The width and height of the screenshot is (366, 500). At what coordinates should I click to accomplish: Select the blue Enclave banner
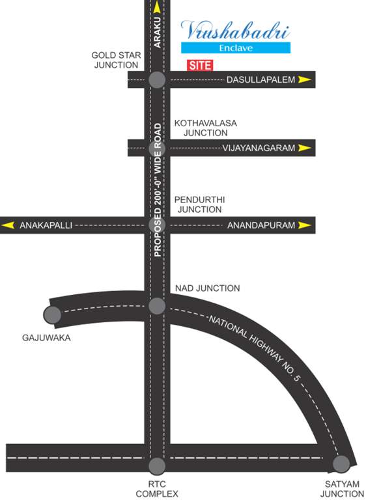point(235,48)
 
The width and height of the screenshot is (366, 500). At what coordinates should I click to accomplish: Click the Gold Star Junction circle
point(157,80)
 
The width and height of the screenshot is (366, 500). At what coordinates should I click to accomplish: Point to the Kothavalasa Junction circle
point(157,149)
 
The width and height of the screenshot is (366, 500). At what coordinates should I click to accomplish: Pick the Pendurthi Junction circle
point(157,225)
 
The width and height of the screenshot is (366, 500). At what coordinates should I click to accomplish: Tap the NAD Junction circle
point(157,306)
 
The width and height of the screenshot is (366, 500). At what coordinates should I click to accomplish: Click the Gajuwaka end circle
point(52,315)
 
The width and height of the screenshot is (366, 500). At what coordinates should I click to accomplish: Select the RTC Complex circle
point(157,465)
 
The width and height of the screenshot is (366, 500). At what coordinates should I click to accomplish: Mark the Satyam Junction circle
point(341,464)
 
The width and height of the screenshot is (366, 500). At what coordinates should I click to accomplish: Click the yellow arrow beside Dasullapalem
point(305,80)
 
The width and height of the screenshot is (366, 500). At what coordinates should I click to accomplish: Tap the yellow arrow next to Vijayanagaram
point(305,148)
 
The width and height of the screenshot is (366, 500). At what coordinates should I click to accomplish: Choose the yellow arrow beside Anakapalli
point(8,225)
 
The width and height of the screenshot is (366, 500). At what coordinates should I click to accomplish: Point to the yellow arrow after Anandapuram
point(305,225)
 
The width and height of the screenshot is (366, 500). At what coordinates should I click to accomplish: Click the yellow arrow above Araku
point(157,8)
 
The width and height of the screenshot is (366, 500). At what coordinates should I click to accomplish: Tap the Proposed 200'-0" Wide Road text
point(157,189)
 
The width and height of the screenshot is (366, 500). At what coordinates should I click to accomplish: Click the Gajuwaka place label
point(46,339)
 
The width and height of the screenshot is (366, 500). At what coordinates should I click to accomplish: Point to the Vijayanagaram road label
point(259,148)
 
